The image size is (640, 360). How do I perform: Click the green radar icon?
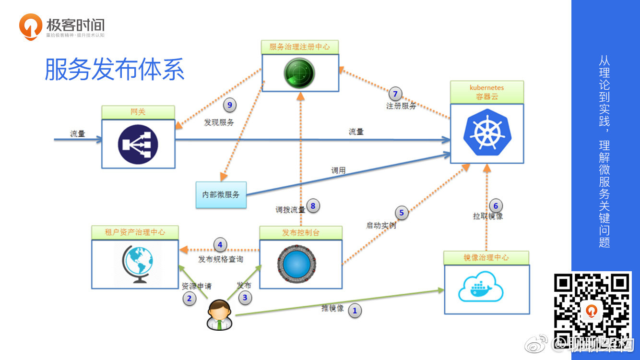click(299, 73)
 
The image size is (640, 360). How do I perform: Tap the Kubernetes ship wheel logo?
click(487, 132)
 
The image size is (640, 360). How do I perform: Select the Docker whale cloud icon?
click(481, 287)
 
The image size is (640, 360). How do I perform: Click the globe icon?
click(138, 264)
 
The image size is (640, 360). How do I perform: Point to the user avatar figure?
click(219, 315)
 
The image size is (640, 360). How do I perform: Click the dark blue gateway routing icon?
click(138, 144)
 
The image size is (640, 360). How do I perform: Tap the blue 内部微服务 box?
click(221, 195)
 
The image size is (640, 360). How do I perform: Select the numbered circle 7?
click(395, 94)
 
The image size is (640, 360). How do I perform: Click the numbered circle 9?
click(230, 105)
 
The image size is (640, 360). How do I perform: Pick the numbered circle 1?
click(355, 311)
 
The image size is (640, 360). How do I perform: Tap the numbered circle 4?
click(220, 245)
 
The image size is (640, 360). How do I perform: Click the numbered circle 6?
click(496, 205)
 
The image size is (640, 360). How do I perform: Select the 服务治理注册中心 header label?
click(300, 47)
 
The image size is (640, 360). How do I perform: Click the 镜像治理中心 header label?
click(486, 258)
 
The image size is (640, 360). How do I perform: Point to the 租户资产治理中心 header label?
click(135, 232)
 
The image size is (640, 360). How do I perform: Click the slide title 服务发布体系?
click(115, 69)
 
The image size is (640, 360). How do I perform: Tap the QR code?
click(592, 310)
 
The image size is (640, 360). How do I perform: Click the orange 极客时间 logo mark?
click(30, 26)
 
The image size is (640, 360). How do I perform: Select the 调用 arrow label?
click(338, 171)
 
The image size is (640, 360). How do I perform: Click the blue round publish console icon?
click(296, 264)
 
